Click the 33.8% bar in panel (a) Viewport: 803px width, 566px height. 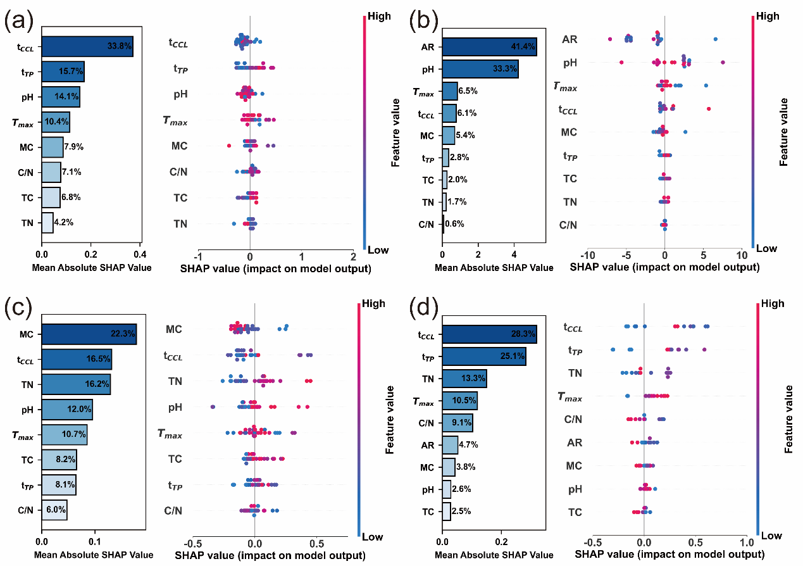(87, 46)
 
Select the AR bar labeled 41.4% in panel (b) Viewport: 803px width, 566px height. (489, 46)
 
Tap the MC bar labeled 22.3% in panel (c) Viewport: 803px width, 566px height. (89, 334)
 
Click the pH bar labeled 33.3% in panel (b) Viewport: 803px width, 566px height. (480, 68)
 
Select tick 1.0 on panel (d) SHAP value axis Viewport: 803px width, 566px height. (747, 543)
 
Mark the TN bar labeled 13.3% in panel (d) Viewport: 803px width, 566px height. (464, 379)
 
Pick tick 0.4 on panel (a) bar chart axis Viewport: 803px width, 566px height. (140, 255)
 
